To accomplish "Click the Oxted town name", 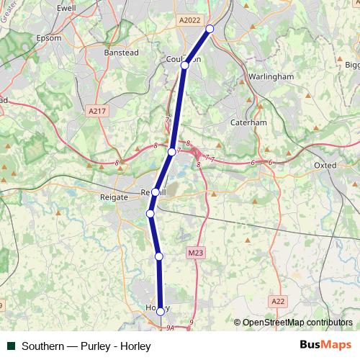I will point(325,165).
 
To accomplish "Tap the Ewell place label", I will point(66,8).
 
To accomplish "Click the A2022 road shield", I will point(190,22).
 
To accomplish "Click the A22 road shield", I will point(279,300).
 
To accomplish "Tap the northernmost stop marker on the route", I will point(210,29).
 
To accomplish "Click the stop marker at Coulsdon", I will point(184,66).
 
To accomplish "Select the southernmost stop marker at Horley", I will point(161,312).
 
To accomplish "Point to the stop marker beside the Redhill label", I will point(156,192).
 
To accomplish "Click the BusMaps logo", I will point(325,346).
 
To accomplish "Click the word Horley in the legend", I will point(135,346).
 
